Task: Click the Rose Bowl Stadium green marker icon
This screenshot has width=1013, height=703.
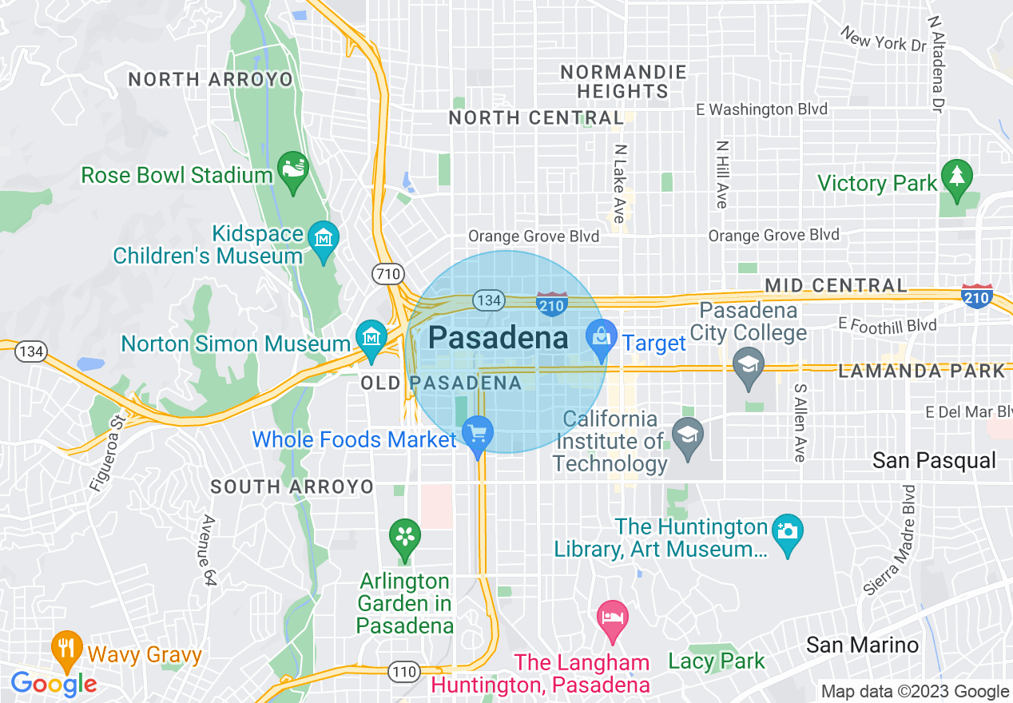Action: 292,170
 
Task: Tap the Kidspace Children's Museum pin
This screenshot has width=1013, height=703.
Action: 324,239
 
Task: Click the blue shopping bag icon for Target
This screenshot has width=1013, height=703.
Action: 602,337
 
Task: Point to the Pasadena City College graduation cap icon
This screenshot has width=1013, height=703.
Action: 748,366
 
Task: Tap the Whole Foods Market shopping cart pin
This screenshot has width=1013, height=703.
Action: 478,435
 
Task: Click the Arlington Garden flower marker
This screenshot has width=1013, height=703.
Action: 405,536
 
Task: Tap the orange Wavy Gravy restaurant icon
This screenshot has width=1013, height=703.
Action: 66,649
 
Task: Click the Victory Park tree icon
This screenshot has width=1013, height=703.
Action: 956,177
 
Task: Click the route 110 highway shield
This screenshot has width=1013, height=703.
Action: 404,671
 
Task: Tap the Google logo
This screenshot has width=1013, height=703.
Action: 54,684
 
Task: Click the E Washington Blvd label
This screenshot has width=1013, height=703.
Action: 761,109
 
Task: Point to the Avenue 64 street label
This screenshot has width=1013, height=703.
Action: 209,551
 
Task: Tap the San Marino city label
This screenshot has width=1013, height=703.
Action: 862,645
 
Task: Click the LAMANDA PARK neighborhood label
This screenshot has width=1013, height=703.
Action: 920,371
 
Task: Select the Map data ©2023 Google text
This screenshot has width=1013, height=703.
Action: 915,692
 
